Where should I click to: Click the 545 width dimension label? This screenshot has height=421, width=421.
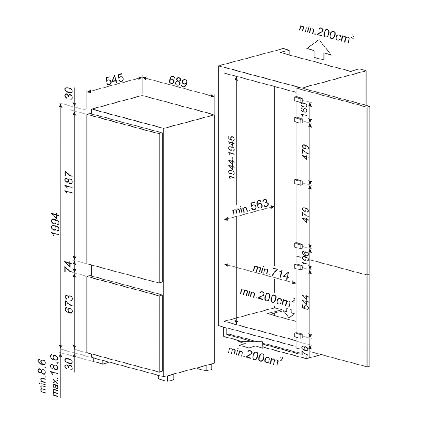[x=115, y=79]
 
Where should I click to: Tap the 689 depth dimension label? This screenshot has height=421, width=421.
[x=178, y=81]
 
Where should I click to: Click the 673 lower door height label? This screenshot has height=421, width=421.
[x=69, y=304]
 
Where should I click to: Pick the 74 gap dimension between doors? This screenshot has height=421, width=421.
[x=69, y=267]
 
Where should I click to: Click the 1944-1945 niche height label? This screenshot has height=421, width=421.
[x=231, y=157]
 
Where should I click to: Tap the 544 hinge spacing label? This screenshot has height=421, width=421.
[x=306, y=302]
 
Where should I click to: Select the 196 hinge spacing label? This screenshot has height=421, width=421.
[x=305, y=258]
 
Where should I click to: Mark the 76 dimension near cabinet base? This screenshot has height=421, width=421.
[x=305, y=351]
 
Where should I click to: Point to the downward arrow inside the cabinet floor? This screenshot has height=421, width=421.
[x=290, y=313]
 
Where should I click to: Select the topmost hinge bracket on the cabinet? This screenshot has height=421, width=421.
[x=298, y=99]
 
